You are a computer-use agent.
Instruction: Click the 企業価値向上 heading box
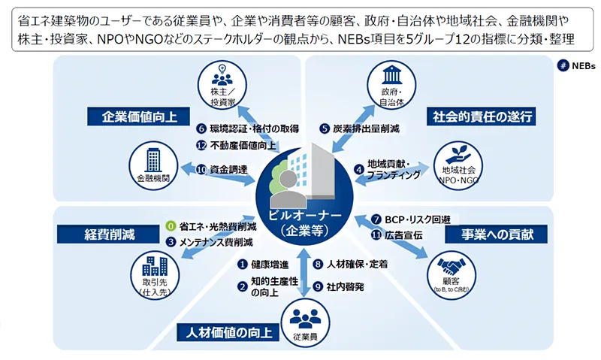(139, 116)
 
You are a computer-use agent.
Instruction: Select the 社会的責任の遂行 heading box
(482, 116)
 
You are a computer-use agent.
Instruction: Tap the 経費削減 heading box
(108, 234)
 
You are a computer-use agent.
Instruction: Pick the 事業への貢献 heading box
(497, 234)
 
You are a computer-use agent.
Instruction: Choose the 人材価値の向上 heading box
(228, 332)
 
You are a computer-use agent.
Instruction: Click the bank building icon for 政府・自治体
(391, 74)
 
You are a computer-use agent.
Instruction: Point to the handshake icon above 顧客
(452, 266)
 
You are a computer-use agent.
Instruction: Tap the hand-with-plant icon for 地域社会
(458, 155)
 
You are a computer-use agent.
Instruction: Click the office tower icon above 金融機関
(153, 161)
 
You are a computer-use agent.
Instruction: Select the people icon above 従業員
(305, 319)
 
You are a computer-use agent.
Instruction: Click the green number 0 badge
(171, 226)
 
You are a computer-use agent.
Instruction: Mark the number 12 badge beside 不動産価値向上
(201, 146)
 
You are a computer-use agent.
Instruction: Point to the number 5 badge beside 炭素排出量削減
(325, 129)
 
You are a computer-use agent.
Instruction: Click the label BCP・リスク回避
(418, 219)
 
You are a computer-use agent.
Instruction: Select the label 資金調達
(229, 169)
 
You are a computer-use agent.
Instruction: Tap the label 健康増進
(270, 264)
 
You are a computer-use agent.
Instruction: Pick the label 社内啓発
(345, 286)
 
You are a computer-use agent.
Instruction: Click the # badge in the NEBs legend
(563, 66)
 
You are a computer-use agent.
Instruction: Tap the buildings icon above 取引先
(155, 266)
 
